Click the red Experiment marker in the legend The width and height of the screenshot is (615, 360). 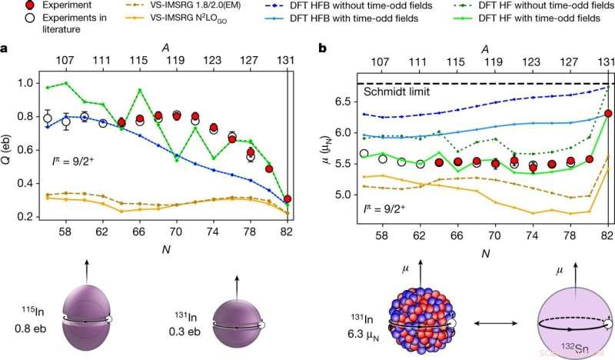point(11,6)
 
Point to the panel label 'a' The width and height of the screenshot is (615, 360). point(5,49)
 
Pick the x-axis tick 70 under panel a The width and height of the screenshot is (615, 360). point(176,231)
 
